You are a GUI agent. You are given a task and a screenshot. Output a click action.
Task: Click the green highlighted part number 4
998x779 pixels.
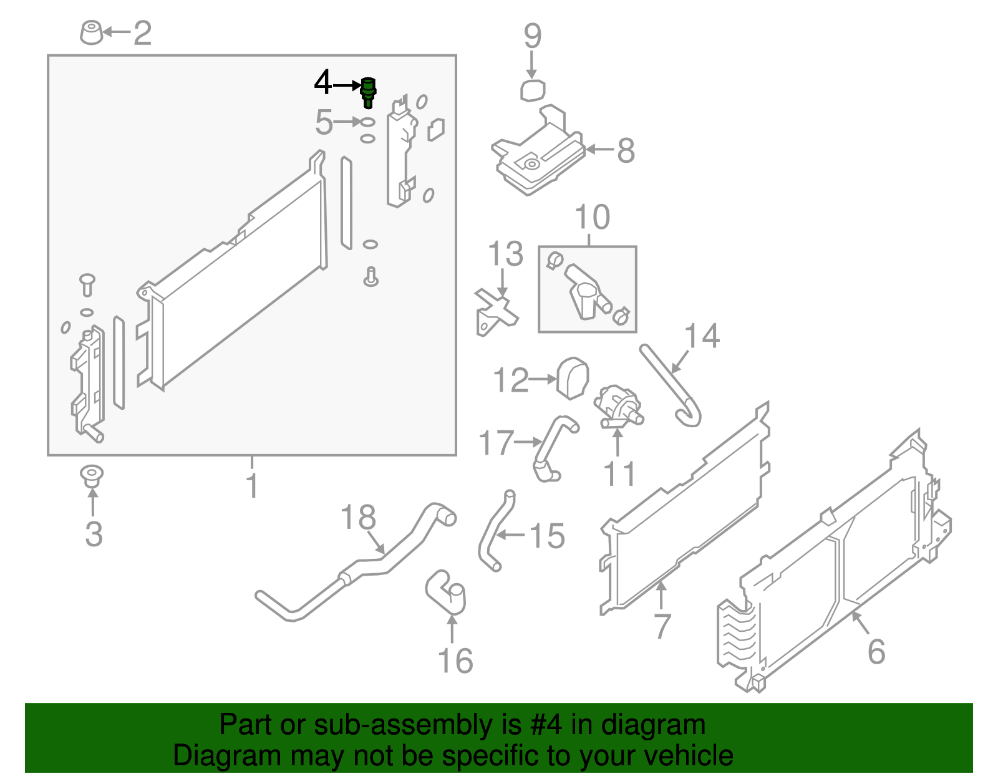pyautogui.click(x=368, y=92)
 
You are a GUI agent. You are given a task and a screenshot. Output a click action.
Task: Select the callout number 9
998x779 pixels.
pyautogui.click(x=532, y=36)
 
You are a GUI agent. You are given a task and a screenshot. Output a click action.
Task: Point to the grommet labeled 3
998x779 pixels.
pyautogui.click(x=92, y=477)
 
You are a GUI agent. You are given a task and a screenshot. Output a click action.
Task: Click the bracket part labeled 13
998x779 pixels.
pyautogui.click(x=495, y=311)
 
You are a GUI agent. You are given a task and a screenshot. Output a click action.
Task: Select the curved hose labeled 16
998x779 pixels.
pyautogui.click(x=448, y=593)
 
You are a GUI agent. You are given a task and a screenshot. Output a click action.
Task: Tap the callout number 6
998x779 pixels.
pyautogui.click(x=876, y=652)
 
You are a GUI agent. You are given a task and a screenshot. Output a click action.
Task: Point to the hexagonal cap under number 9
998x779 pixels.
pyautogui.click(x=533, y=90)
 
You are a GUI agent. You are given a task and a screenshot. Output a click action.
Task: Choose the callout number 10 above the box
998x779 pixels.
pyautogui.click(x=592, y=217)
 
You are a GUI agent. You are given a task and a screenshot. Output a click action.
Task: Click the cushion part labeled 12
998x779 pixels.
pyautogui.click(x=573, y=377)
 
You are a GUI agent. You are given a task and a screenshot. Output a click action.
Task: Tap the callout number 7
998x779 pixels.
pyautogui.click(x=662, y=626)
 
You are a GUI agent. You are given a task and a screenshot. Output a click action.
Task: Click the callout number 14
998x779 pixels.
pyautogui.click(x=702, y=336)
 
